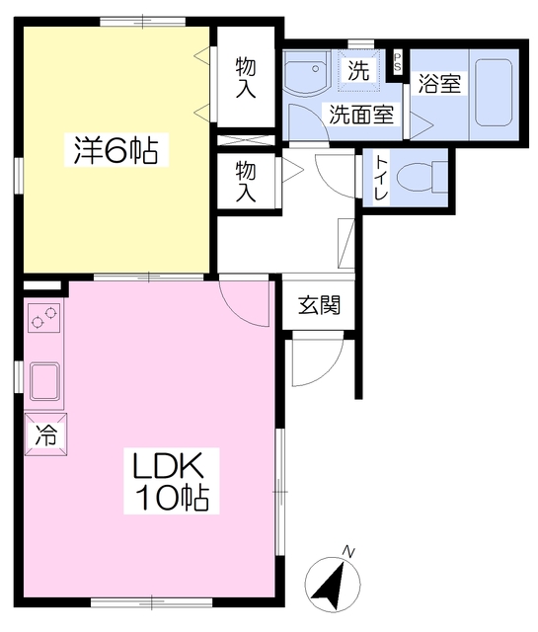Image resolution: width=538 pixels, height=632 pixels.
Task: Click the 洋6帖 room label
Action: (115, 149)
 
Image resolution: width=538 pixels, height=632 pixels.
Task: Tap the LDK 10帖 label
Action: (172, 481)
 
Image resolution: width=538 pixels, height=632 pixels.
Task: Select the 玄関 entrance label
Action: (319, 305)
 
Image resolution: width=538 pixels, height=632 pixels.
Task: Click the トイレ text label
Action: (381, 178)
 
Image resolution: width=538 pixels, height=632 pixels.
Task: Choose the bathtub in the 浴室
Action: (494, 93)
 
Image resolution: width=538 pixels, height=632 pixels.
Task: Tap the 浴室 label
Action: (439, 83)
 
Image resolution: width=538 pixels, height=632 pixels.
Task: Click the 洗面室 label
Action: (361, 115)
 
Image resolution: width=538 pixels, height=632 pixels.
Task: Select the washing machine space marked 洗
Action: (359, 70)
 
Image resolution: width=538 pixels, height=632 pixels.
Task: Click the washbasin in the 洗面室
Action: (306, 73)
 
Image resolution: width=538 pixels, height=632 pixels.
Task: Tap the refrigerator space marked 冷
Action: (45, 434)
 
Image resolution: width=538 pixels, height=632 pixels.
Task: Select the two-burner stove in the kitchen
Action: (43, 318)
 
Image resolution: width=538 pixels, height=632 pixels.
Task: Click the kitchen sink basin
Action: (44, 381)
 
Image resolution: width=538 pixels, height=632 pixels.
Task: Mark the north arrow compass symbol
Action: (332, 585)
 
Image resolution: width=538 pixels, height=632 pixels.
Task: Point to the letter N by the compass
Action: (348, 551)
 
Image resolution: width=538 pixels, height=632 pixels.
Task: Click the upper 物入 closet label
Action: (246, 77)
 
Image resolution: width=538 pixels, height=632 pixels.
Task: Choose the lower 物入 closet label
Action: (246, 181)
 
